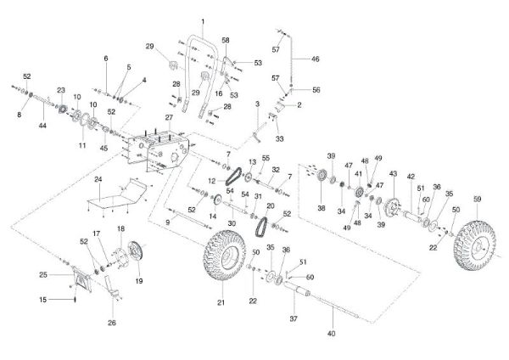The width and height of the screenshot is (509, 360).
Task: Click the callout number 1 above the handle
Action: click(x=204, y=20)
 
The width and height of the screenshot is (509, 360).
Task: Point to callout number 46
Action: click(x=315, y=59)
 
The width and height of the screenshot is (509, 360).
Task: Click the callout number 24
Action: click(x=98, y=180)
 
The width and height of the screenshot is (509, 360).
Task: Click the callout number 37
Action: click(x=294, y=320)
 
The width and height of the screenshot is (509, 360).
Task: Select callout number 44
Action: click(x=42, y=124)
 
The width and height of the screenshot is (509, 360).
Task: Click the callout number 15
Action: click(x=42, y=299)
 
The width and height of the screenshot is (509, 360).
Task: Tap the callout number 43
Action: click(x=393, y=173)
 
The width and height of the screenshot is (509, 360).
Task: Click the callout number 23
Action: click(x=62, y=90)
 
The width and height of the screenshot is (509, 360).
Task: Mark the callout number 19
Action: click(x=140, y=280)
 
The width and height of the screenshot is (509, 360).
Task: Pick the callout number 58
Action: click(x=226, y=40)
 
